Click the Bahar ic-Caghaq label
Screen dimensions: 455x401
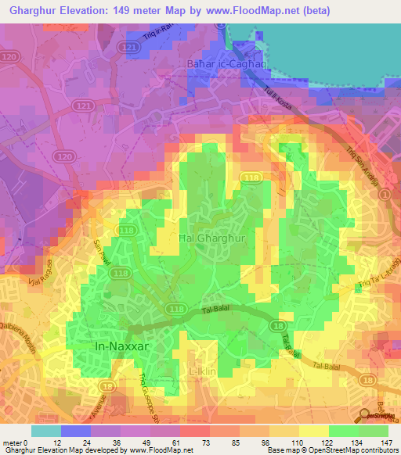[x=216, y=63]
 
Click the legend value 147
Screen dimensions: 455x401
[x=388, y=442]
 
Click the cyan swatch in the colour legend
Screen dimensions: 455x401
[x=45, y=431]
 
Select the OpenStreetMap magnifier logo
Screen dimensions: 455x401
[x=366, y=416]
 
